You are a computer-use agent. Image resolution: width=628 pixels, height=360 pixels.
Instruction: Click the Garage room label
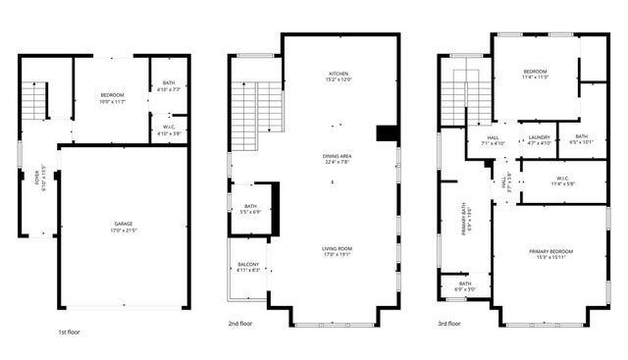point(123,225)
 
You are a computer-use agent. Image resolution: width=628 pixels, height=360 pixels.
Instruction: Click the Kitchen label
point(340,75)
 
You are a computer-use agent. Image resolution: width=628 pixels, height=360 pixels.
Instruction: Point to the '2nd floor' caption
point(241,323)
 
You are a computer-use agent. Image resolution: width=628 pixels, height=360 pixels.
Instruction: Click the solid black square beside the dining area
point(388,133)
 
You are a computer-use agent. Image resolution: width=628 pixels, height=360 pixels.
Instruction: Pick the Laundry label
point(539,137)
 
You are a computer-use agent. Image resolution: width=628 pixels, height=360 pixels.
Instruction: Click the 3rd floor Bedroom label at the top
point(535,72)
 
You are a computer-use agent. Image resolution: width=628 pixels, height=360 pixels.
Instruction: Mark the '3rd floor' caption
point(451,323)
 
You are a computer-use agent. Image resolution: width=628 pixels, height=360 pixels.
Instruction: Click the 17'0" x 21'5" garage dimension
point(123,231)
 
